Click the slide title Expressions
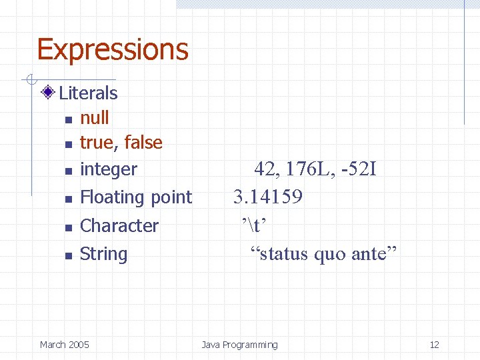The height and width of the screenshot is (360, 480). point(113,50)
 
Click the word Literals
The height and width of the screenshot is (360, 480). point(88,93)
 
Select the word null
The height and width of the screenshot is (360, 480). point(94,118)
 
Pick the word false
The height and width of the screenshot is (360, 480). point(143,143)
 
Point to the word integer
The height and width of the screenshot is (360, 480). point(108,170)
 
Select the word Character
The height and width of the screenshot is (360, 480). point(119,226)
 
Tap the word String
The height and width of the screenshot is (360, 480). point(103,254)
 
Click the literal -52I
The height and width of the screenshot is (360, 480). point(358,170)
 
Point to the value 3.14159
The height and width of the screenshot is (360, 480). point(267,197)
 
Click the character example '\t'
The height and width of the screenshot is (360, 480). point(254,226)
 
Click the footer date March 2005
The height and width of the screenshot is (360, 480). point(64,345)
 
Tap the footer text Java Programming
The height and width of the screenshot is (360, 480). point(239,345)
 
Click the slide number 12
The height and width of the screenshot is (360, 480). point(434,345)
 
